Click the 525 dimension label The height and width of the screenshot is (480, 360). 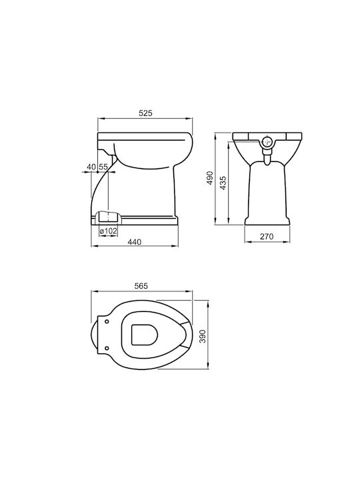pyautogui.click(x=145, y=113)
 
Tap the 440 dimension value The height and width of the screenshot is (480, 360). pyautogui.click(x=135, y=242)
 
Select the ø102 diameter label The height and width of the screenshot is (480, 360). pyautogui.click(x=109, y=231)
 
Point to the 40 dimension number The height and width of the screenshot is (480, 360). pyautogui.click(x=91, y=167)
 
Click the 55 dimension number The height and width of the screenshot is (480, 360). pyautogui.click(x=103, y=167)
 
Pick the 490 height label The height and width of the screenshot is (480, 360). pyautogui.click(x=210, y=177)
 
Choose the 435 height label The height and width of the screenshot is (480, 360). pyautogui.click(x=223, y=183)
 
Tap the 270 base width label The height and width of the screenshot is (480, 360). pyautogui.click(x=267, y=236)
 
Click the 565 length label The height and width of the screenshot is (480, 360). pyautogui.click(x=141, y=285)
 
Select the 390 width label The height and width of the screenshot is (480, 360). pyautogui.click(x=203, y=337)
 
